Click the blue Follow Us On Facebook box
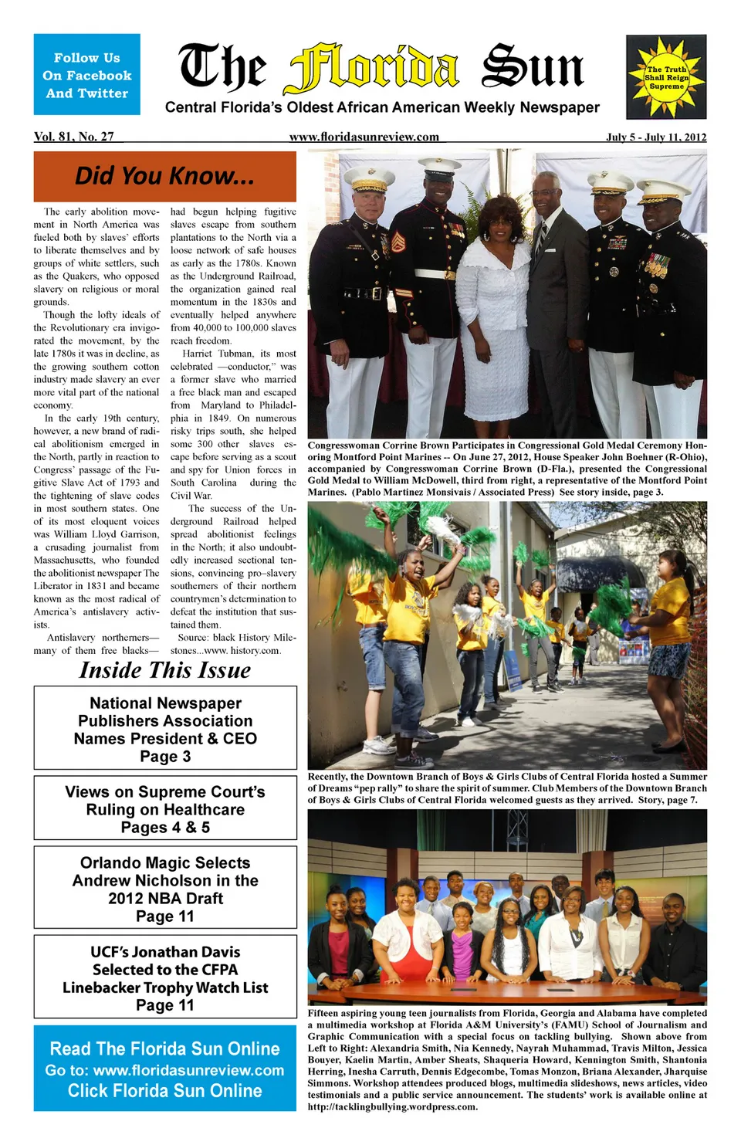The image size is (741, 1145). [86, 75]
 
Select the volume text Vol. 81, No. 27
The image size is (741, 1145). [74, 137]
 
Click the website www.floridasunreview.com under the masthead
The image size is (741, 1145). [364, 137]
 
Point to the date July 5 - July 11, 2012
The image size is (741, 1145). [656, 137]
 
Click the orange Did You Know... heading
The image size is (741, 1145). [164, 176]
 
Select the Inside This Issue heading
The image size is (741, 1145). [164, 669]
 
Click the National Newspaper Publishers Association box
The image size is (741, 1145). [165, 729]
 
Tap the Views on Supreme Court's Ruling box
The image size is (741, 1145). [165, 809]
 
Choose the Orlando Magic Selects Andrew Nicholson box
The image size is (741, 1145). [165, 889]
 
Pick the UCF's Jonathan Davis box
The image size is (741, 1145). [165, 977]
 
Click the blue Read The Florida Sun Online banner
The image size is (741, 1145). [165, 1069]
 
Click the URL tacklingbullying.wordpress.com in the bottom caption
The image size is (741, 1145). [392, 1106]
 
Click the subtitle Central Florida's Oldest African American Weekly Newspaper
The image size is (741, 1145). [382, 107]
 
